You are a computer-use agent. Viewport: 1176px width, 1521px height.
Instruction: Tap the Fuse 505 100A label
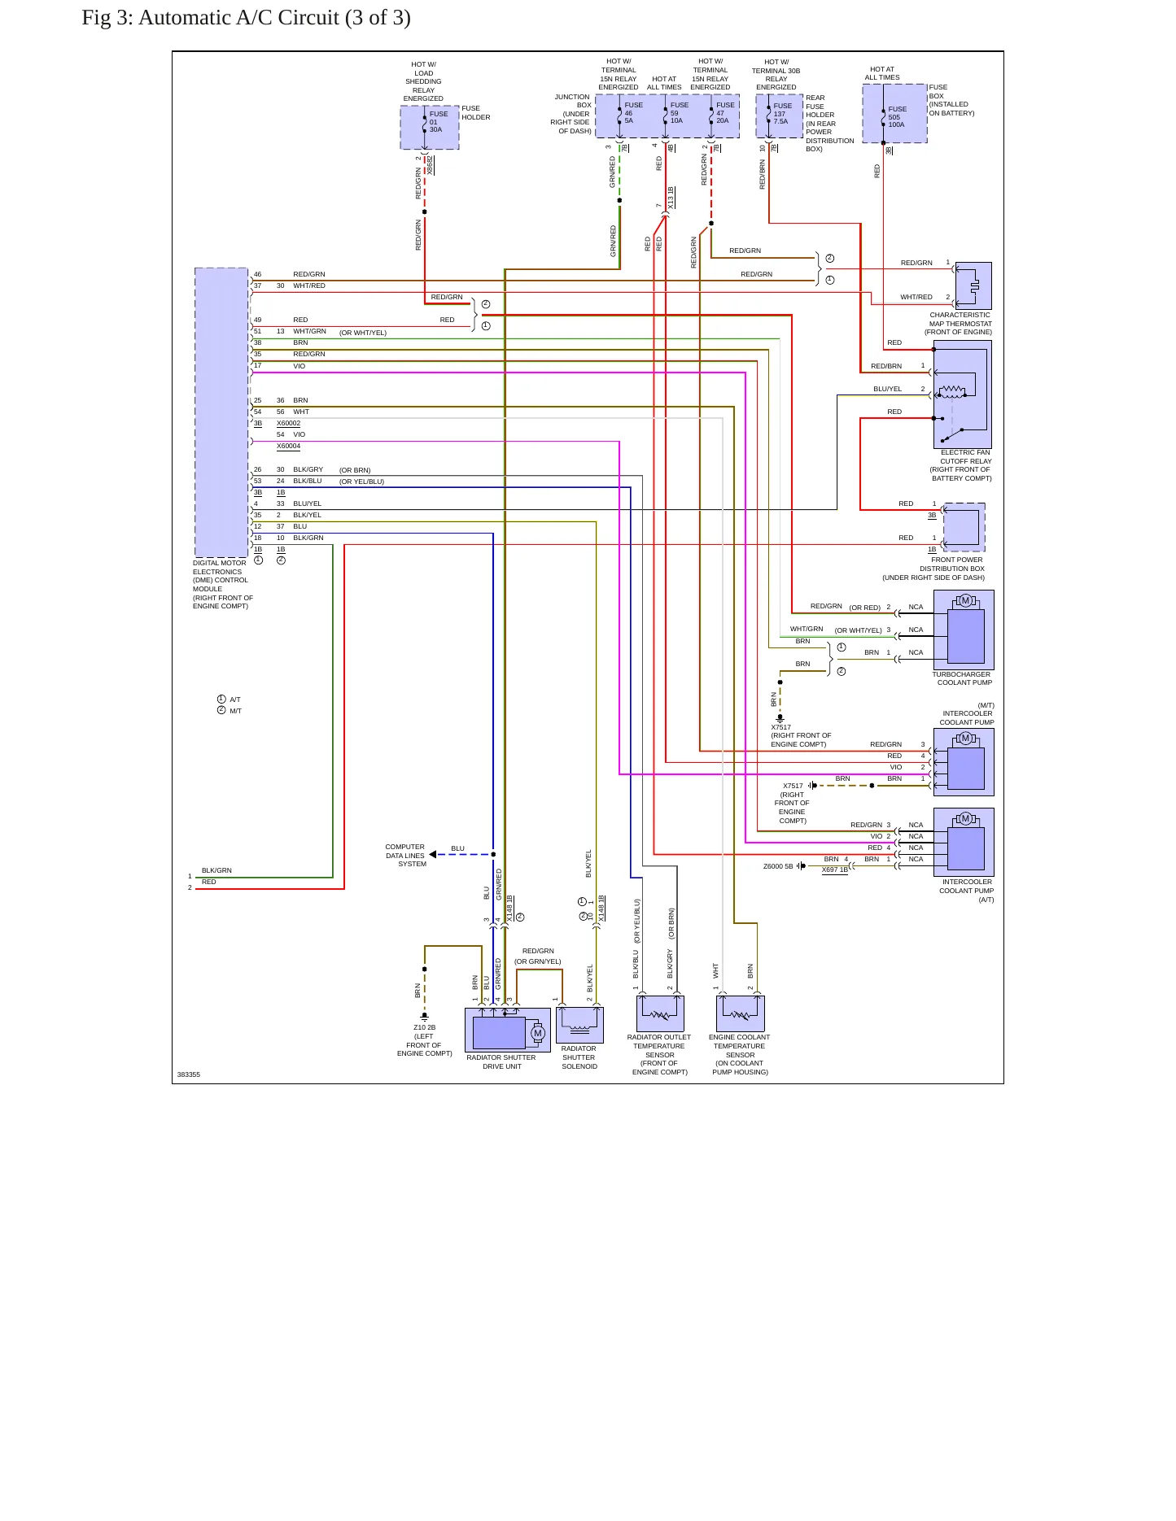[x=897, y=117]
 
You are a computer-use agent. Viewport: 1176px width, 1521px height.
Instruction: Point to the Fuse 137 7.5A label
[x=781, y=114]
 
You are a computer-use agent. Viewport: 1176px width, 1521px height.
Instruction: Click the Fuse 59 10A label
[x=679, y=113]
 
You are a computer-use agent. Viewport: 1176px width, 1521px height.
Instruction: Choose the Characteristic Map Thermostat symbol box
[x=973, y=285]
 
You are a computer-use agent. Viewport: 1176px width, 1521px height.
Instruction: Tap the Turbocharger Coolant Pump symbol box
[x=964, y=630]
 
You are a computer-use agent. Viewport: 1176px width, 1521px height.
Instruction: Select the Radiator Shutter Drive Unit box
[x=508, y=1030]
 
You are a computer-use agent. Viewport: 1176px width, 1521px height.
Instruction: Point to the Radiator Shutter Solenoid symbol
[x=579, y=1025]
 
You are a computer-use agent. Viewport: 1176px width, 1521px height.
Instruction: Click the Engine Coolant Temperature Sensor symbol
[x=741, y=1013]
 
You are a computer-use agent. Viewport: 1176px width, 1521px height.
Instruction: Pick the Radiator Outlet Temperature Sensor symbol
[x=660, y=1013]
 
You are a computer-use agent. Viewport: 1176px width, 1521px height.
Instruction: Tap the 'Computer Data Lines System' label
[x=405, y=856]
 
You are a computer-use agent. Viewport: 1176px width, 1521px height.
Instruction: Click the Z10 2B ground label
[x=425, y=1040]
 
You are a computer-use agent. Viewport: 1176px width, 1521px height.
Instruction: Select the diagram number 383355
[x=189, y=1074]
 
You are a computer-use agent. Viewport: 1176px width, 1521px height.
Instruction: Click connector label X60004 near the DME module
[x=288, y=446]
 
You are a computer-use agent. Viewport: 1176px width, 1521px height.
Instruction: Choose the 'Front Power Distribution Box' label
[x=933, y=569]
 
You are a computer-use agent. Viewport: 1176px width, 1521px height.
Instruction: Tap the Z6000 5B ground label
[x=778, y=866]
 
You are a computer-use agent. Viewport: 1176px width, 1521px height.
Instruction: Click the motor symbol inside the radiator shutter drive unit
[x=537, y=1033]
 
